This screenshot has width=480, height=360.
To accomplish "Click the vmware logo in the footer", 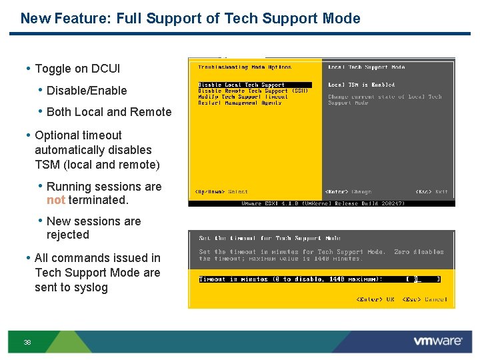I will pyautogui.click(x=437, y=341).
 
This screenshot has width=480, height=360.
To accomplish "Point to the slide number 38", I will pyautogui.click(x=27, y=342).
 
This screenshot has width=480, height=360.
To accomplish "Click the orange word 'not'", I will pyautogui.click(x=56, y=200).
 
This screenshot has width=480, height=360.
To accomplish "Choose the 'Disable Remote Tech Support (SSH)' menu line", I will pyautogui.click(x=252, y=91).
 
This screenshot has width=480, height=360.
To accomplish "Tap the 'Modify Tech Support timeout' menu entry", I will pyautogui.click(x=242, y=97).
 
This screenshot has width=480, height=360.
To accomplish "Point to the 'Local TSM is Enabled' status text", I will pyautogui.click(x=361, y=85).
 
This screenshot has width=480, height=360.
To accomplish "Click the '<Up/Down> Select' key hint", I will pyautogui.click(x=221, y=192).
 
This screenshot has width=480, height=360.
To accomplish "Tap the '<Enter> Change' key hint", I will pyautogui.click(x=348, y=192).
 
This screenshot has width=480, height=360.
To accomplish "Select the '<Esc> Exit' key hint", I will pyautogui.click(x=431, y=192).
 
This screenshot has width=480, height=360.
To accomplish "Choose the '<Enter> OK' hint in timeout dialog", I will pyautogui.click(x=375, y=299).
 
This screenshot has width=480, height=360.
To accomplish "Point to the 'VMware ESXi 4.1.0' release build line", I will pyautogui.click(x=313, y=203).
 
